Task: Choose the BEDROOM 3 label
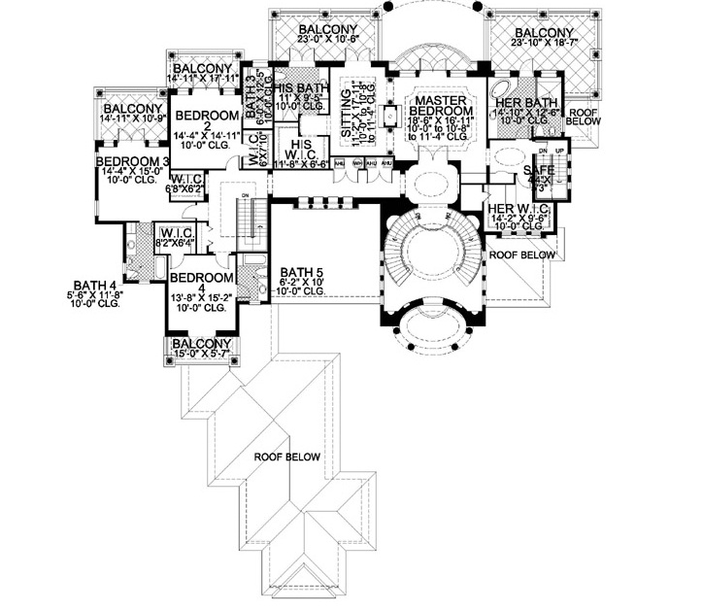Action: click(x=133, y=161)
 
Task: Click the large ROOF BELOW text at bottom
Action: click(x=288, y=457)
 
